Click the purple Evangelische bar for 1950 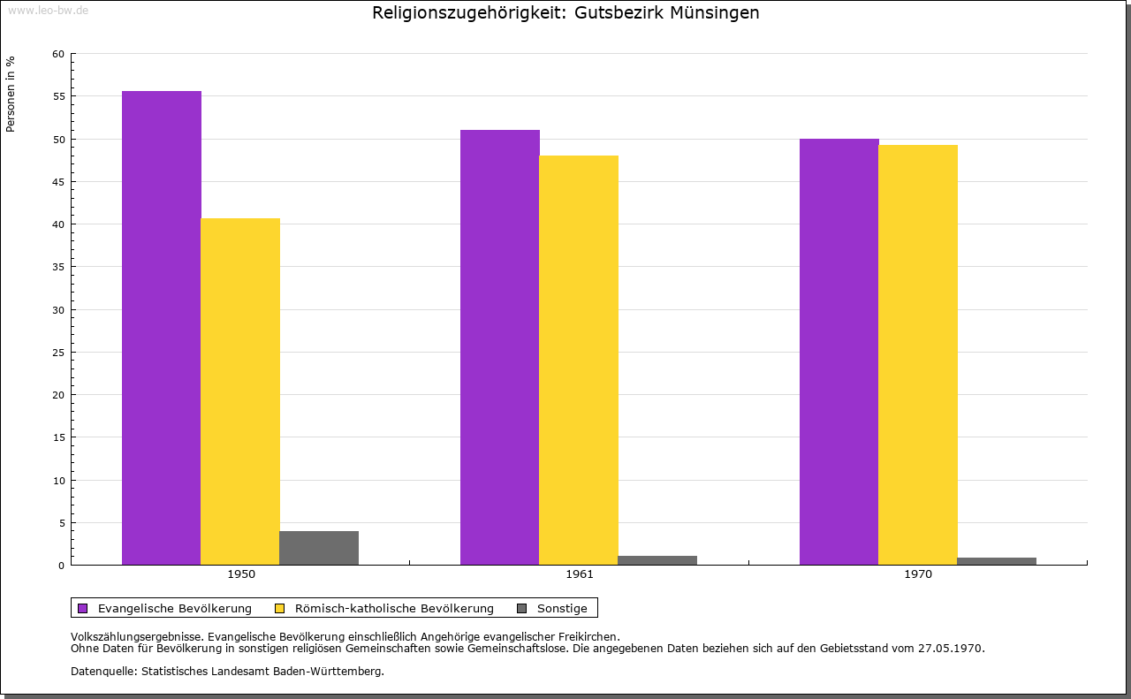click(162, 328)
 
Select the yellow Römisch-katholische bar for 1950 click(240, 391)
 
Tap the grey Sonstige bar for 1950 click(319, 548)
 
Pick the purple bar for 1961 click(500, 347)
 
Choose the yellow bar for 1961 click(579, 360)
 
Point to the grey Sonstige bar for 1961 click(657, 560)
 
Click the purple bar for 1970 click(839, 352)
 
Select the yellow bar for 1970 click(918, 354)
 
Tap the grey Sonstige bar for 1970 click(997, 561)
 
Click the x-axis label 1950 click(241, 574)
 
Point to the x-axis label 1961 click(580, 574)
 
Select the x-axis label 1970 click(918, 574)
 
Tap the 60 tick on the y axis click(58, 54)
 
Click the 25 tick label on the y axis click(58, 353)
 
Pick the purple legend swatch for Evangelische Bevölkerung click(83, 608)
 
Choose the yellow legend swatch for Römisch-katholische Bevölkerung click(280, 608)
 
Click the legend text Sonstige click(562, 608)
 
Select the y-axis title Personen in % click(11, 94)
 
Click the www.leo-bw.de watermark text click(47, 9)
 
